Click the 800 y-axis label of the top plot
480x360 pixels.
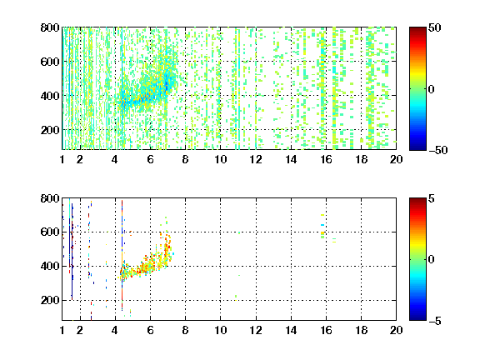tap(50, 27)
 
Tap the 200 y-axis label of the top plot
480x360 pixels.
tap(50, 130)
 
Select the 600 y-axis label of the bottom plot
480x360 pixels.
tap(50, 232)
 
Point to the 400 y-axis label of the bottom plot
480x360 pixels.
tap(50, 266)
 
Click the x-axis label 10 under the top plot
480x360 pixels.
tap(220, 159)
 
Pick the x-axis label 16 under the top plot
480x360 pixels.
tap(326, 159)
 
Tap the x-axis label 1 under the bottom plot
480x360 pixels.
tap(62, 330)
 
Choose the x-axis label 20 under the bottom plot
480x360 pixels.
tap(396, 330)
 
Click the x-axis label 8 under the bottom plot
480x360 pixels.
tap(185, 330)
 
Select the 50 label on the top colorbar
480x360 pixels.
tap(434, 27)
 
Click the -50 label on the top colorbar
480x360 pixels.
tap(438, 150)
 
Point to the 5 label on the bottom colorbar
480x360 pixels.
tap(432, 198)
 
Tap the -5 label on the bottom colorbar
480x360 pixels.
tap(435, 321)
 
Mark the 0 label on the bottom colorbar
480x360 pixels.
tap(431, 260)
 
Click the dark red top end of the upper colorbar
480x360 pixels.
tap(417, 28)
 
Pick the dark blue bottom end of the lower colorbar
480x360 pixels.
tap(417, 318)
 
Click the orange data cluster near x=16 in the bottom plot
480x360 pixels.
tap(322, 233)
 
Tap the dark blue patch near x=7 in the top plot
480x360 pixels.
tap(167, 85)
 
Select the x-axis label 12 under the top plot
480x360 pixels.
tap(256, 159)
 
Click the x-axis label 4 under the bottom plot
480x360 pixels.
tap(115, 330)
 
